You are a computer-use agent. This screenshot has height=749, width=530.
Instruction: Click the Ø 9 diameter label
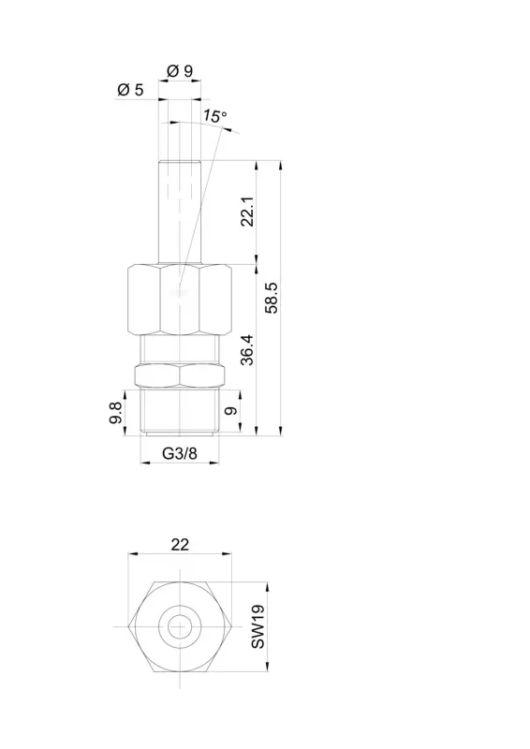[x=180, y=71]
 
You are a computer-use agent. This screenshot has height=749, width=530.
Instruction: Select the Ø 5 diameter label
[x=130, y=89]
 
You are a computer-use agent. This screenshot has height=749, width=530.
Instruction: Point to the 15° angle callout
[x=214, y=116]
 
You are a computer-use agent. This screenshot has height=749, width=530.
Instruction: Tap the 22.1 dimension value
[x=247, y=212]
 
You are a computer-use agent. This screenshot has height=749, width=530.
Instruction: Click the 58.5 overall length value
[x=272, y=298]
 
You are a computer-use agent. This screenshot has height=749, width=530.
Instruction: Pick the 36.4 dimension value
[x=247, y=349]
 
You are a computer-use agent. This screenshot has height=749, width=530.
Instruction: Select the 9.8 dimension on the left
[x=115, y=412]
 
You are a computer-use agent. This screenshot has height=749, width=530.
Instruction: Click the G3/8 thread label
[x=180, y=453]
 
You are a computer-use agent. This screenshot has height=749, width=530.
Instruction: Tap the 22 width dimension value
[x=180, y=545]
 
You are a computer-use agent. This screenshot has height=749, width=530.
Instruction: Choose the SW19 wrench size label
[x=258, y=626]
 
